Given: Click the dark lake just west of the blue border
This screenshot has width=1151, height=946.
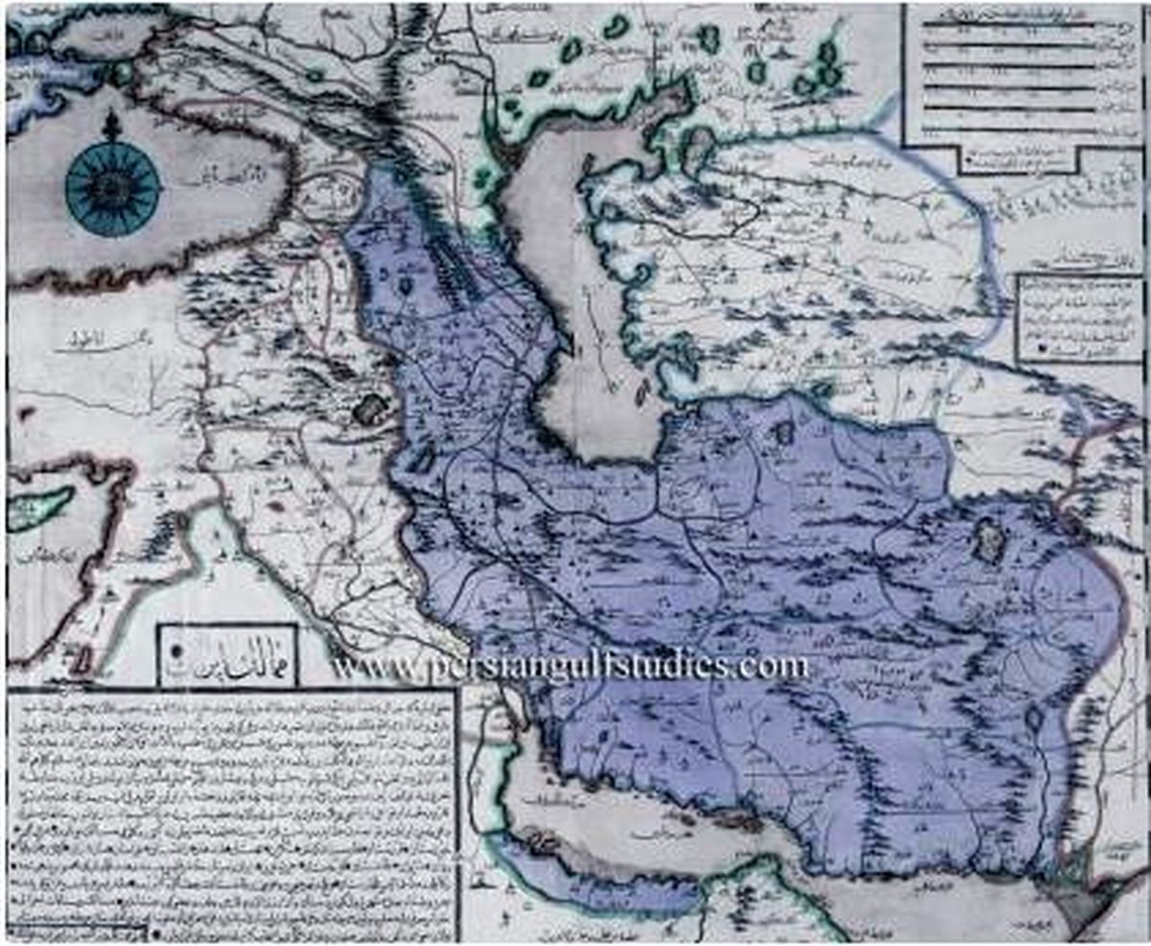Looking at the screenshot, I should point(367,411).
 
